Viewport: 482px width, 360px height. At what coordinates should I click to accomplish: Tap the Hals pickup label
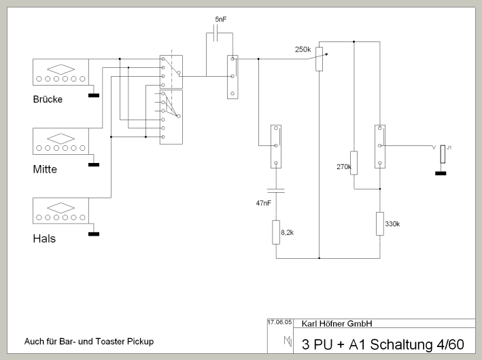click(x=44, y=238)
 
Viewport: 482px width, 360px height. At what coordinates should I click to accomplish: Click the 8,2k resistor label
click(x=286, y=233)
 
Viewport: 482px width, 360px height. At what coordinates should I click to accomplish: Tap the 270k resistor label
click(x=343, y=166)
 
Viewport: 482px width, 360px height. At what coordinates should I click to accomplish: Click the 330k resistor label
click(x=393, y=223)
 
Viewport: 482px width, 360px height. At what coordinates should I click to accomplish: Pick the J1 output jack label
click(x=449, y=146)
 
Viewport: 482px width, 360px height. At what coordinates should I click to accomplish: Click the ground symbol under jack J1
click(x=441, y=173)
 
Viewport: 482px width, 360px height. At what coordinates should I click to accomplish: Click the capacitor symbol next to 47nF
click(x=276, y=190)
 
